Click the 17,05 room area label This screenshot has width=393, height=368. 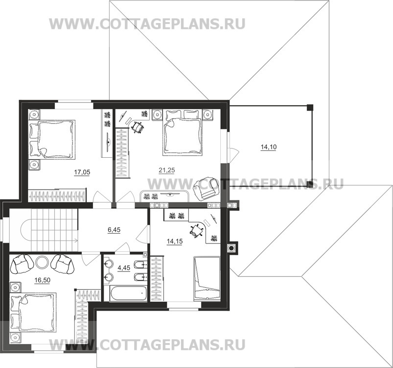point(82,172)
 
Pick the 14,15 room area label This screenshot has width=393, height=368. point(174,241)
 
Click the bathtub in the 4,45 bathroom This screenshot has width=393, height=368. point(128,294)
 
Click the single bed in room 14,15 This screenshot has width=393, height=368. point(208,278)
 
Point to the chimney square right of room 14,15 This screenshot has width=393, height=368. point(231,248)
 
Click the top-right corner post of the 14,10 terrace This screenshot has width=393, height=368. point(309,106)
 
